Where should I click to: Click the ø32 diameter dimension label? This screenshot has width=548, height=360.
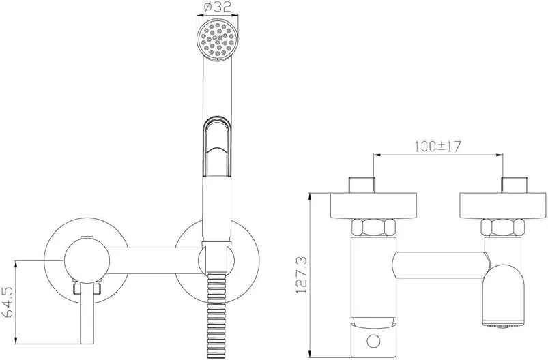[218, 6]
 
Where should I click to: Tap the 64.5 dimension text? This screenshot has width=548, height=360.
[8, 302]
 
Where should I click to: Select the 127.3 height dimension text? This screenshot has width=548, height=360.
[301, 275]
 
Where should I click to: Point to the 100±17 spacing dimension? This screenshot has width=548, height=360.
[438, 147]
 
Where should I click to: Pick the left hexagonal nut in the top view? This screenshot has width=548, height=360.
[374, 227]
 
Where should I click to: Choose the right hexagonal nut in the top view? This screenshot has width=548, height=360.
[502, 227]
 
